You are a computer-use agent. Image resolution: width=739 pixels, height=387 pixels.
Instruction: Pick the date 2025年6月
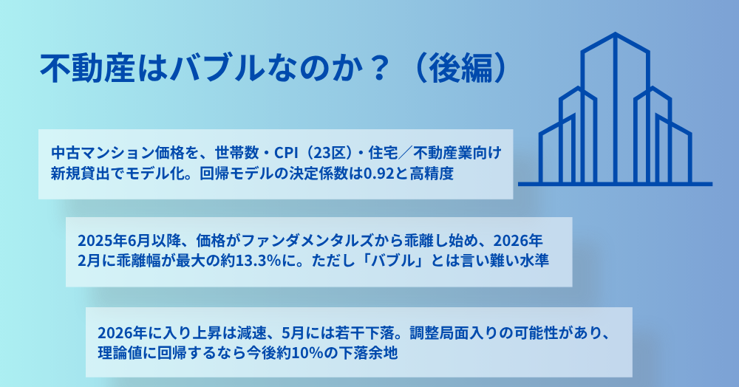[x=114, y=241]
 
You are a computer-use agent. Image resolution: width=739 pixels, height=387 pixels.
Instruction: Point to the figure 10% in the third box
[x=307, y=352]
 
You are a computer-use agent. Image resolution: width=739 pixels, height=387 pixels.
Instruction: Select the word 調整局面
[x=437, y=333]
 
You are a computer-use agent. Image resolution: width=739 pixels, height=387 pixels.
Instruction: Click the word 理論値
[x=119, y=352]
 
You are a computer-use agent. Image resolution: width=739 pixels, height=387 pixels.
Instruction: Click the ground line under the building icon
[x=615, y=184]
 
